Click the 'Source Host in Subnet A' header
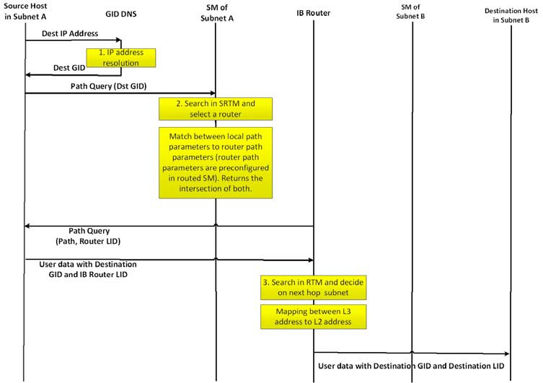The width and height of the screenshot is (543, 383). pyautogui.click(x=25, y=12)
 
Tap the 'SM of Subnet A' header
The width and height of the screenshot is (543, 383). pyautogui.click(x=215, y=12)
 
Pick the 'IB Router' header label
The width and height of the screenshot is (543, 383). pyautogui.click(x=314, y=13)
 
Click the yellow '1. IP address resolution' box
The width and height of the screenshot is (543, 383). pyautogui.click(x=122, y=58)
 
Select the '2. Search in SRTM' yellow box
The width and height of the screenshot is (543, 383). pyautogui.click(x=216, y=108)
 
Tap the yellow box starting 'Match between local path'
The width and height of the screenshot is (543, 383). pyautogui.click(x=216, y=163)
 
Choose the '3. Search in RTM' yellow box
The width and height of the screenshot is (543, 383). pyautogui.click(x=314, y=287)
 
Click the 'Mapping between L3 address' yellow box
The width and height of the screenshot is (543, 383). pyautogui.click(x=314, y=316)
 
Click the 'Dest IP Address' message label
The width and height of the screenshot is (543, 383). pyautogui.click(x=69, y=33)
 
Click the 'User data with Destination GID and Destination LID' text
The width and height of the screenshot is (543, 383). pyautogui.click(x=411, y=366)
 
